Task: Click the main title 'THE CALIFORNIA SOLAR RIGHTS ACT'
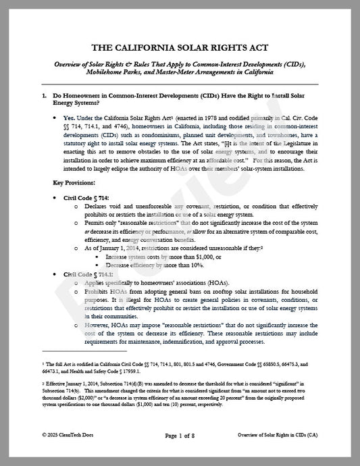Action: coord(180,48)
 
